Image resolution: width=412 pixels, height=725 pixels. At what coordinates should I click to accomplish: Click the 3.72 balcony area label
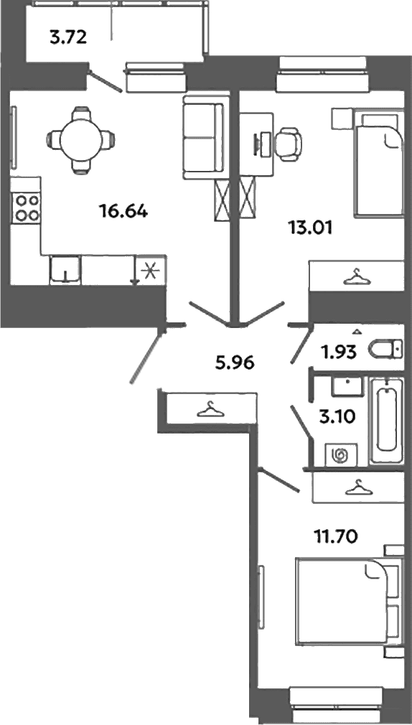click(68, 37)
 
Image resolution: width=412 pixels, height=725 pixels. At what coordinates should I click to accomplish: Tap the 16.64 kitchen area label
click(123, 212)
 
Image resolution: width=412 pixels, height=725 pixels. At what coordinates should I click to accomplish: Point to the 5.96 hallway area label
click(235, 363)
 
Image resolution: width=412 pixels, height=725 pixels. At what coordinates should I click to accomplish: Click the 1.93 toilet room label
click(339, 352)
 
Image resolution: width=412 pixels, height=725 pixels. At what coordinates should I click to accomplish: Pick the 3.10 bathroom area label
click(337, 417)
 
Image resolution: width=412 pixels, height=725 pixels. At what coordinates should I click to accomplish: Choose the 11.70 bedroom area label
click(337, 537)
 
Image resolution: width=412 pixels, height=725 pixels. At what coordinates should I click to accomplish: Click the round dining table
click(81, 139)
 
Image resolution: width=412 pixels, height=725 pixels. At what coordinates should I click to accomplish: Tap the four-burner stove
click(27, 208)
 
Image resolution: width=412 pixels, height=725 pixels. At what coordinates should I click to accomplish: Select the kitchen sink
click(65, 270)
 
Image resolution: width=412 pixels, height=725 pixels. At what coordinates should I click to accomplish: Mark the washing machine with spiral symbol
click(341, 455)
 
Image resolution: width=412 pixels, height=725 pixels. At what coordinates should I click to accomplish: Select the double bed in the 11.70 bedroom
click(347, 601)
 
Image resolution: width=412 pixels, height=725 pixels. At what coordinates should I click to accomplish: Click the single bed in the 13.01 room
click(378, 163)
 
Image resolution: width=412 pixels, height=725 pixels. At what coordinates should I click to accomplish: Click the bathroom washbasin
click(348, 386)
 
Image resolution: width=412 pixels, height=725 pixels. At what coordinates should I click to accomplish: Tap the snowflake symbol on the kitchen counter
click(150, 270)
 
